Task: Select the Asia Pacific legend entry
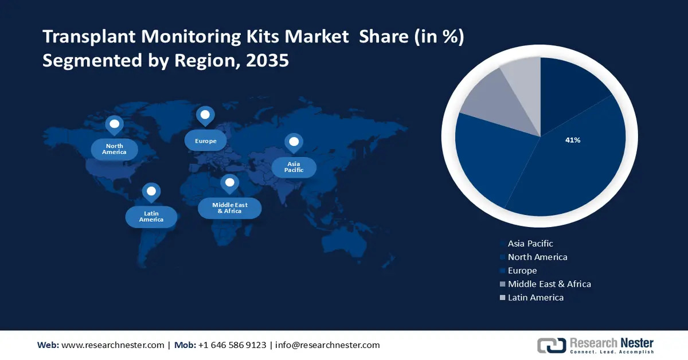(x=530, y=244)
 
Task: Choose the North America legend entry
(x=537, y=257)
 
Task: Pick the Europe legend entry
(x=522, y=271)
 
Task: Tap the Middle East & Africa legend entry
(x=549, y=284)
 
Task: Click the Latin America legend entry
(x=535, y=298)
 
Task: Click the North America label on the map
(x=114, y=149)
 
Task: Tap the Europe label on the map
(x=205, y=140)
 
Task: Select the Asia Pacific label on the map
(x=294, y=167)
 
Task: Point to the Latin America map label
(x=151, y=216)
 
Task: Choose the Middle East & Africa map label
(x=229, y=208)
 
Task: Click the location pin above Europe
(x=205, y=116)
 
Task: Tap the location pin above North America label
(x=114, y=124)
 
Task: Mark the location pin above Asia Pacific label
(x=294, y=143)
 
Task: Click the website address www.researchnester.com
(x=112, y=345)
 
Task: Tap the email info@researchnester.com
(x=327, y=345)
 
